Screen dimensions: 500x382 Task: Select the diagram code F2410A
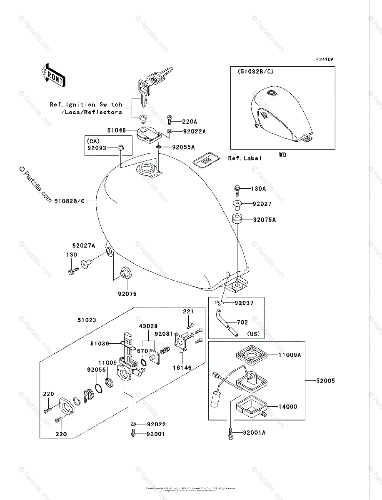click(x=325, y=60)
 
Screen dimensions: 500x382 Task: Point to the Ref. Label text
click(x=245, y=158)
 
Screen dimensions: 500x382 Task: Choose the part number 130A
click(x=258, y=189)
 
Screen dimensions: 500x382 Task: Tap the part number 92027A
click(x=83, y=246)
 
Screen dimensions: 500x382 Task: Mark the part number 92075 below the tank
click(x=127, y=294)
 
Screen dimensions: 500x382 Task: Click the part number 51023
click(x=87, y=320)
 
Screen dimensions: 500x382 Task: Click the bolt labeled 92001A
click(x=230, y=434)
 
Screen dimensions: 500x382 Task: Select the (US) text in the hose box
click(x=254, y=334)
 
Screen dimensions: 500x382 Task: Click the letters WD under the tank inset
click(x=283, y=155)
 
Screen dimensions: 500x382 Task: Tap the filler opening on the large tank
click(x=146, y=169)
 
